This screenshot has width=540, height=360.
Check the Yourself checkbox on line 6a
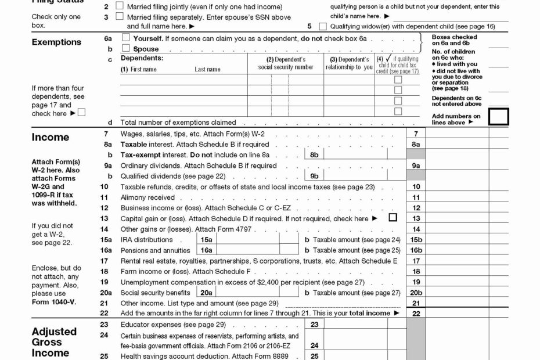pyautogui.click(x=125, y=38)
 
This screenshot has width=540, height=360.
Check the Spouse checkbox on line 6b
pyautogui.click(x=125, y=49)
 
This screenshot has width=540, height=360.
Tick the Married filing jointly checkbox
pyautogui.click(x=120, y=6)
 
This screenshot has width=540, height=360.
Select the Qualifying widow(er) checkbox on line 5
pyautogui.click(x=323, y=26)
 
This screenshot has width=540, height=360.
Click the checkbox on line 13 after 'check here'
pyautogui.click(x=393, y=218)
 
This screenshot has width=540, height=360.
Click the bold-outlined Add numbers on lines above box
pyautogui.click(x=498, y=117)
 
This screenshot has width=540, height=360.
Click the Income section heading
pyautogui.click(x=50, y=138)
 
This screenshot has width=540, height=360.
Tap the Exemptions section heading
pyautogui.click(x=56, y=42)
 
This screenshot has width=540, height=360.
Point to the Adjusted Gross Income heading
pyautogui.click(x=54, y=342)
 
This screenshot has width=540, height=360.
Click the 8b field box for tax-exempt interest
pyautogui.click(x=314, y=155)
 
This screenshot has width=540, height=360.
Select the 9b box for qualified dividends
pyautogui.click(x=314, y=176)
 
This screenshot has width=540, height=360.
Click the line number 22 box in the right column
pyautogui.click(x=416, y=314)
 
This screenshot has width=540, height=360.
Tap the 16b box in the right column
pyautogui.click(x=416, y=250)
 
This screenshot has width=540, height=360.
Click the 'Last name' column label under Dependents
pyautogui.click(x=207, y=70)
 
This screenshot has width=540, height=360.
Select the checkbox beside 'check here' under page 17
pyautogui.click(x=81, y=113)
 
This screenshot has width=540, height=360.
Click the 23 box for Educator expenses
pyautogui.click(x=314, y=325)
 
